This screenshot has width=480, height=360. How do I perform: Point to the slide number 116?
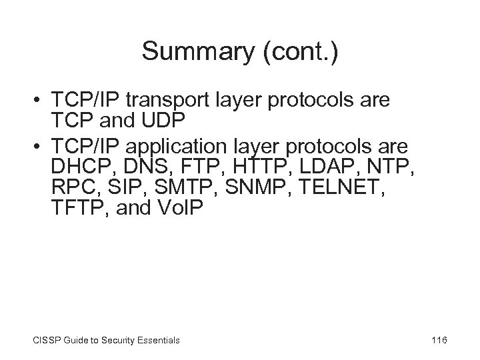coord(439,341)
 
